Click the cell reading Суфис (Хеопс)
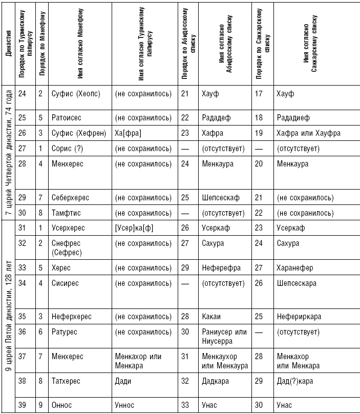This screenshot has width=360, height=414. click(75, 94)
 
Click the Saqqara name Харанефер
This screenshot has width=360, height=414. click(294, 267)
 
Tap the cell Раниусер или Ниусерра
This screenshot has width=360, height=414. click(224, 337)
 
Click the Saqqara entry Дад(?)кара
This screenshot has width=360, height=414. click(294, 381)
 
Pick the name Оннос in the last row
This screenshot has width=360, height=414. click(62, 405)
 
